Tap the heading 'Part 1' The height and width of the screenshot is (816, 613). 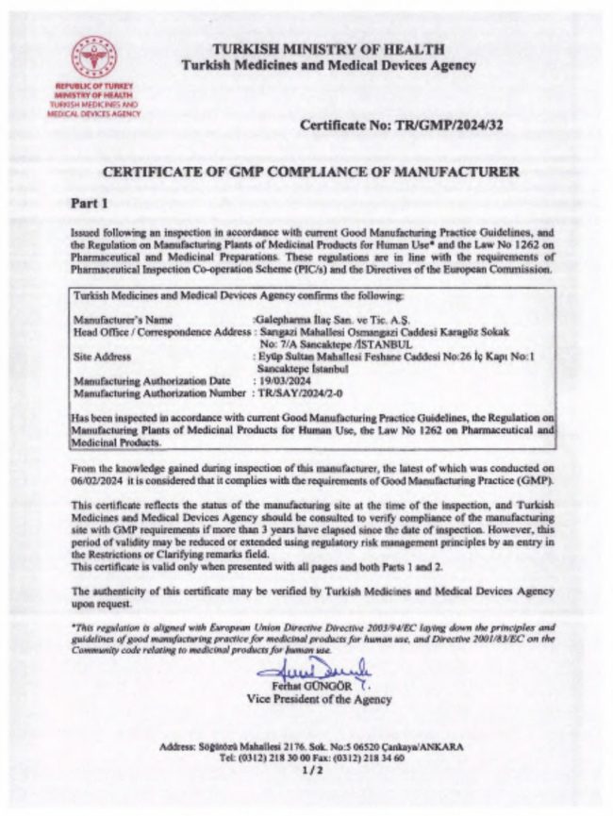[91, 203]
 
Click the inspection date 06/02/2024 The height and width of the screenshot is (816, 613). [99, 480]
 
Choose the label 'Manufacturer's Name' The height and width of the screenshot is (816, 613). [123, 320]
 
